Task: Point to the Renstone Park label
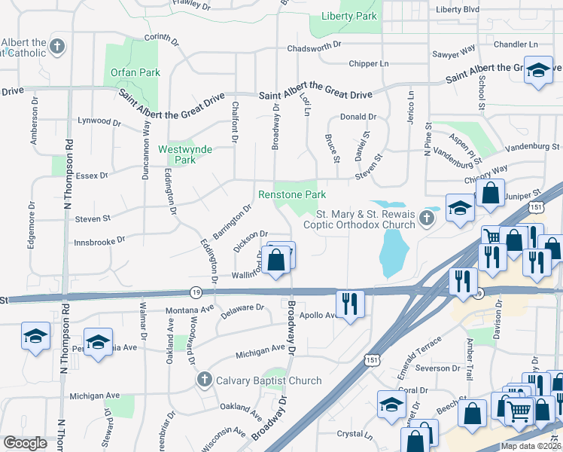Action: pyautogui.click(x=292, y=194)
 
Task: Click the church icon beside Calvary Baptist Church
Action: pyautogui.click(x=202, y=380)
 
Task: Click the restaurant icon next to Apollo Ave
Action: pyautogui.click(x=351, y=303)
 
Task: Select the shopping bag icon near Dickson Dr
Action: pyautogui.click(x=277, y=260)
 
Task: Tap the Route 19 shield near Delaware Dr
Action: pyautogui.click(x=196, y=292)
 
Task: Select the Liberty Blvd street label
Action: pyautogui.click(x=458, y=10)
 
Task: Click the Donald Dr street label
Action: pyautogui.click(x=358, y=117)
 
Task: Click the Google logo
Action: pyautogui.click(x=26, y=443)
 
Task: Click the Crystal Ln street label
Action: pyautogui.click(x=355, y=434)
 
